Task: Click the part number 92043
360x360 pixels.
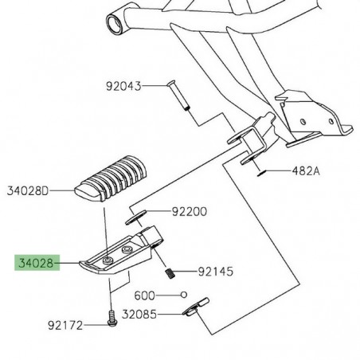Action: (123, 85)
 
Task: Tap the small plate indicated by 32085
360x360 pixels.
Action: (194, 308)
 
